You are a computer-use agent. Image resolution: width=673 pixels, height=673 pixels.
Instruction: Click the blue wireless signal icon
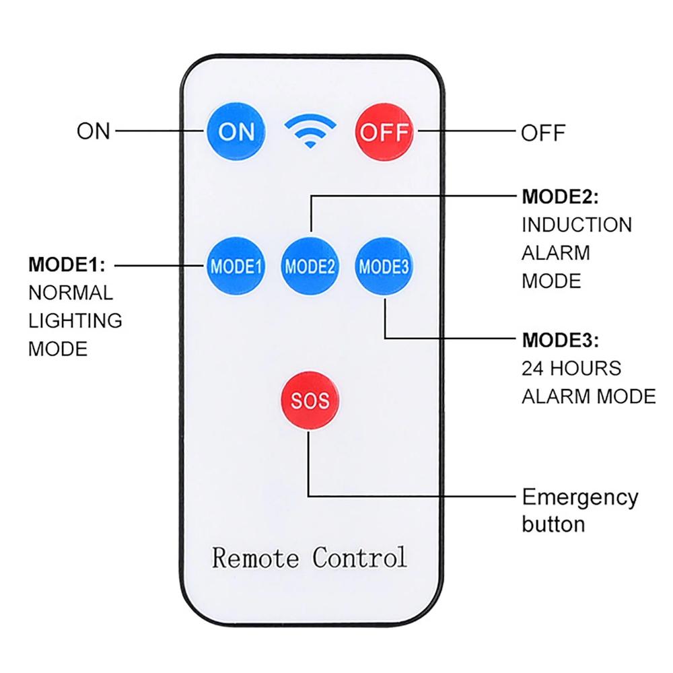point(310,131)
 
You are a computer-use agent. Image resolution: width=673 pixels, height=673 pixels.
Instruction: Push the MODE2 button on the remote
point(310,266)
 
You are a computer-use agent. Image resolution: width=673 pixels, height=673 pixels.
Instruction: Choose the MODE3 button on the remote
point(384,266)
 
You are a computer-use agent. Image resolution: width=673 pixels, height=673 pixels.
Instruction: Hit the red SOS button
point(310,400)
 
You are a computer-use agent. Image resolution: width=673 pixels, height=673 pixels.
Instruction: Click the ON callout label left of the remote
point(94,131)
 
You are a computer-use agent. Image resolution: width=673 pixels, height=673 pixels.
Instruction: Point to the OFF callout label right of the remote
point(543,133)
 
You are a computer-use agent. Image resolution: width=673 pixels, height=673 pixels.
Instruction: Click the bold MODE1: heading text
point(67,265)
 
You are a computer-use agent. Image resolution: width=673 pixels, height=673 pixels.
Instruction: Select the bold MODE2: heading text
point(560,197)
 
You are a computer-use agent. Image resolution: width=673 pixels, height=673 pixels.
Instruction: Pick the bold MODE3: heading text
point(560,341)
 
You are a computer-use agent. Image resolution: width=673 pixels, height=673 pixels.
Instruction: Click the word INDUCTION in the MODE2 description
point(577,225)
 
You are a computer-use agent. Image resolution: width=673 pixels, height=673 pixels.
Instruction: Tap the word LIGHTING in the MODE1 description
point(75,321)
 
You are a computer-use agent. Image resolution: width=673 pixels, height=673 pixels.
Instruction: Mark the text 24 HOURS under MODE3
point(571,369)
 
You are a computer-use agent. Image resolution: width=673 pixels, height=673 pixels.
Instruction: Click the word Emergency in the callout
point(580,499)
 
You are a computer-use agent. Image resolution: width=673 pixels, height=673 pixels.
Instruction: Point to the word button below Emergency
point(553,524)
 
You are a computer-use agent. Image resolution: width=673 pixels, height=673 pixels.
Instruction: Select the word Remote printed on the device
point(256,558)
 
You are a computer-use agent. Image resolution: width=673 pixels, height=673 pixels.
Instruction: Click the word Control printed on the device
point(360,558)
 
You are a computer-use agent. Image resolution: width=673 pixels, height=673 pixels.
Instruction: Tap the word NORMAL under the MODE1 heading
point(71,293)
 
